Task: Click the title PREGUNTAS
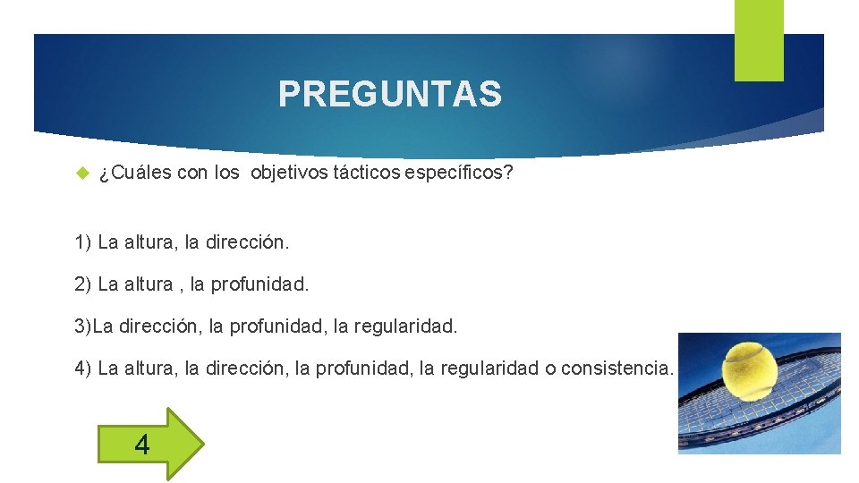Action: [389, 94]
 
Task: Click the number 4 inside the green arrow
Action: [141, 443]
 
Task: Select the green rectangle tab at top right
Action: [758, 39]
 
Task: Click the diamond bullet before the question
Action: [81, 173]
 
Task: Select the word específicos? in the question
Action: [459, 173]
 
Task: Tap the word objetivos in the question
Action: [290, 173]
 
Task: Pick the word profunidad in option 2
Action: [260, 284]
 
